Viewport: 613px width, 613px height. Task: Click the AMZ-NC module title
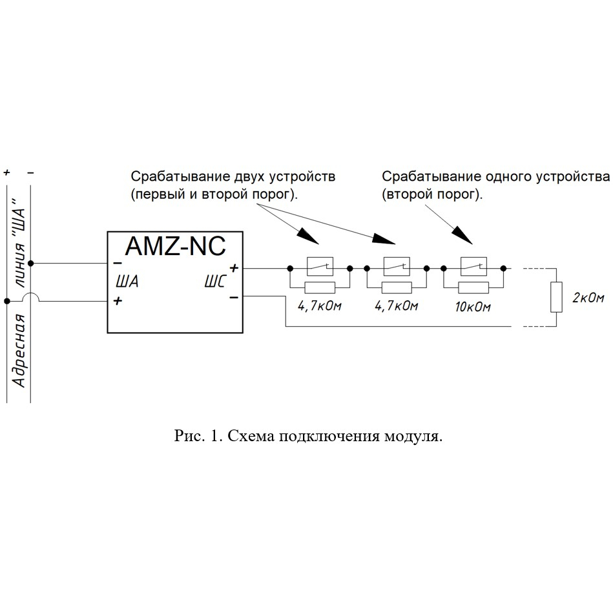click(176, 246)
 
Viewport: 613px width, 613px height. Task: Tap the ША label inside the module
click(127, 282)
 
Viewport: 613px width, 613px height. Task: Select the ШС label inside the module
click(215, 282)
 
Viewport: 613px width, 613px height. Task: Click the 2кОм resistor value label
click(588, 298)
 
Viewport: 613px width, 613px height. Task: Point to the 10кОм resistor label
click(473, 307)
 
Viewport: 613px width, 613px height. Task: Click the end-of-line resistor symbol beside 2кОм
click(556, 297)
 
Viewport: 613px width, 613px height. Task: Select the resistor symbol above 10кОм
click(473, 287)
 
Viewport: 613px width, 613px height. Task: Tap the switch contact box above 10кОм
click(474, 267)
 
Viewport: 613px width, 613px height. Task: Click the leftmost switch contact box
click(320, 267)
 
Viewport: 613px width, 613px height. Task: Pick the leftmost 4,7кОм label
click(319, 306)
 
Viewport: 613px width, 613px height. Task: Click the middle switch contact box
click(397, 267)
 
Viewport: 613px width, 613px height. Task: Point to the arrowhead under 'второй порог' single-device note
click(463, 236)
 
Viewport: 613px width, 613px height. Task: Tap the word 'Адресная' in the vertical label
click(19, 350)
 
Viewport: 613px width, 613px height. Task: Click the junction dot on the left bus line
click(6, 301)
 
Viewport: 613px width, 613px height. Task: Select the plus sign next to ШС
click(234, 268)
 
